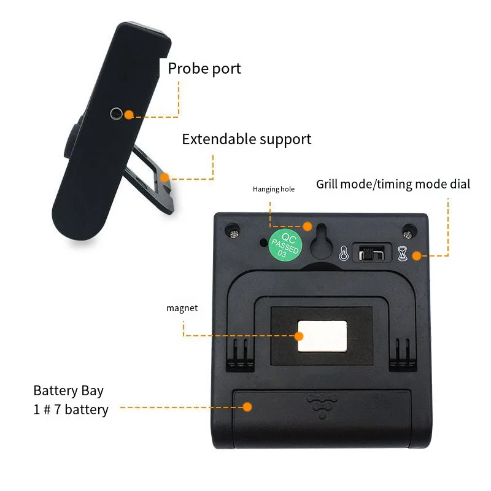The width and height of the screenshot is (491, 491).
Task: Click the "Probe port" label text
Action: click(204, 68)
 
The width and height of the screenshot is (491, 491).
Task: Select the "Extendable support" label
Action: click(246, 139)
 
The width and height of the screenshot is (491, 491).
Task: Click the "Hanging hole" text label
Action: click(273, 189)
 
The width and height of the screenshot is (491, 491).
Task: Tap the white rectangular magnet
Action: click(322, 336)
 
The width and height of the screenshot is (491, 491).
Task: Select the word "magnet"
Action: click(182, 308)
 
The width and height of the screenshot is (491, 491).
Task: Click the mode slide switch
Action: click(373, 252)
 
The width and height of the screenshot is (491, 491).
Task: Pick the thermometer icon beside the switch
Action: click(344, 252)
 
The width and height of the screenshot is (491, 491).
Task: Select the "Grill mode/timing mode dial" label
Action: click(393, 184)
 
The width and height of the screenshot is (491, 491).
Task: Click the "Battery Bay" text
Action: click(69, 390)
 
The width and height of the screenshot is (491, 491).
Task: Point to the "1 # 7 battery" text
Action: click(71, 409)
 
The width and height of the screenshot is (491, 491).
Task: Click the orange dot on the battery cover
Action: click(247, 406)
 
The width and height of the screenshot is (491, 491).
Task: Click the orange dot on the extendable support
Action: click(164, 177)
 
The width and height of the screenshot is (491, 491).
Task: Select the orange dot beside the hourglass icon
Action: click(417, 255)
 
